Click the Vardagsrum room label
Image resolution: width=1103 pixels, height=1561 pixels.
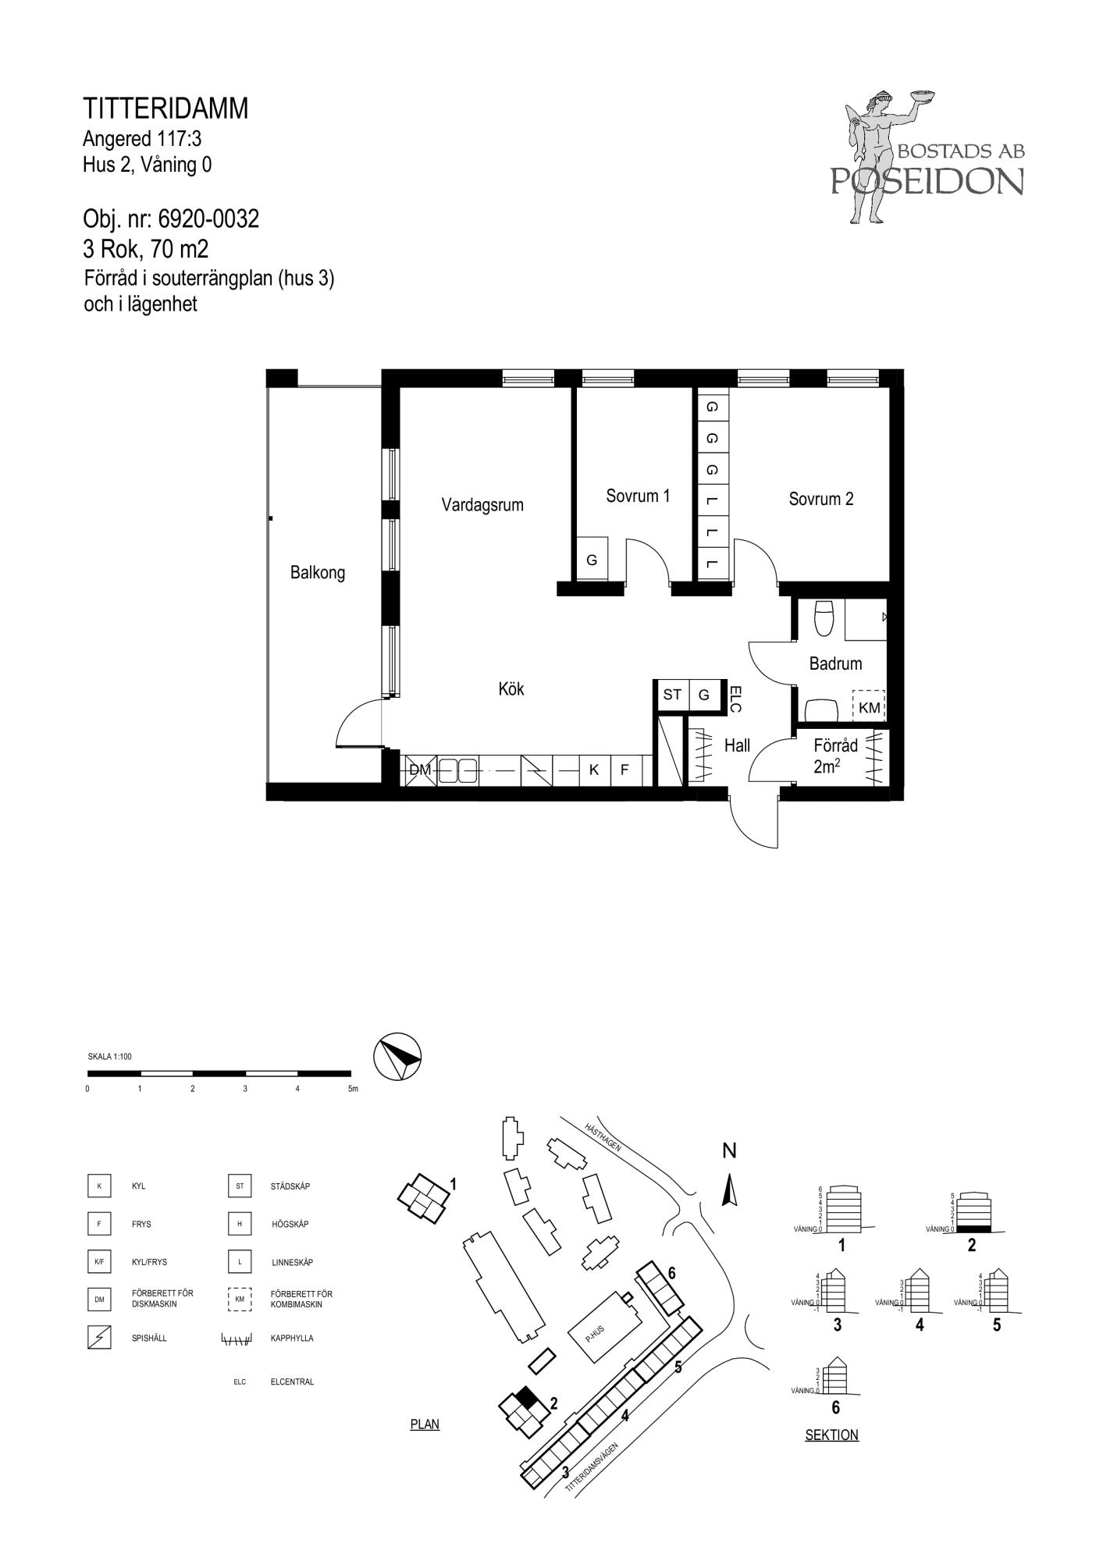[x=482, y=505]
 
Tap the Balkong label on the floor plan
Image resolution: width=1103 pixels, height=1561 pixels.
[x=318, y=573]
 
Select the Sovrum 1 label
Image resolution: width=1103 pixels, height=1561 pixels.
[x=638, y=496]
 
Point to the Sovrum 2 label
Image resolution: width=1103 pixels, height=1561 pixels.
[x=821, y=499]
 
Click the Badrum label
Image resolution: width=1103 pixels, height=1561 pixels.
[x=835, y=663]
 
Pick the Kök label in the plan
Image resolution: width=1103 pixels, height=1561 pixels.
[x=511, y=689]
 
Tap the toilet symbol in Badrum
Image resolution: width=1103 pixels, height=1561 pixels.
[x=824, y=617]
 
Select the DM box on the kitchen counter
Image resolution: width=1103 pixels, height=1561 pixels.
[x=420, y=770]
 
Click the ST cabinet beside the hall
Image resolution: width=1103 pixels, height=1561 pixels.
[x=672, y=695]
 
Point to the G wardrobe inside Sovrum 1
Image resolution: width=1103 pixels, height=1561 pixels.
[x=592, y=559]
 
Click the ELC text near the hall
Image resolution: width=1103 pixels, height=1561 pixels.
[x=734, y=699]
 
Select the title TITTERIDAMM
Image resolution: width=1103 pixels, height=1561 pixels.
[x=165, y=108]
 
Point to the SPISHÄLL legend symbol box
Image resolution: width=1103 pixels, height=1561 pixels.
[x=99, y=1338]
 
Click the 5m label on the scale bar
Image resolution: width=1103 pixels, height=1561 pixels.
[x=353, y=1089]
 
